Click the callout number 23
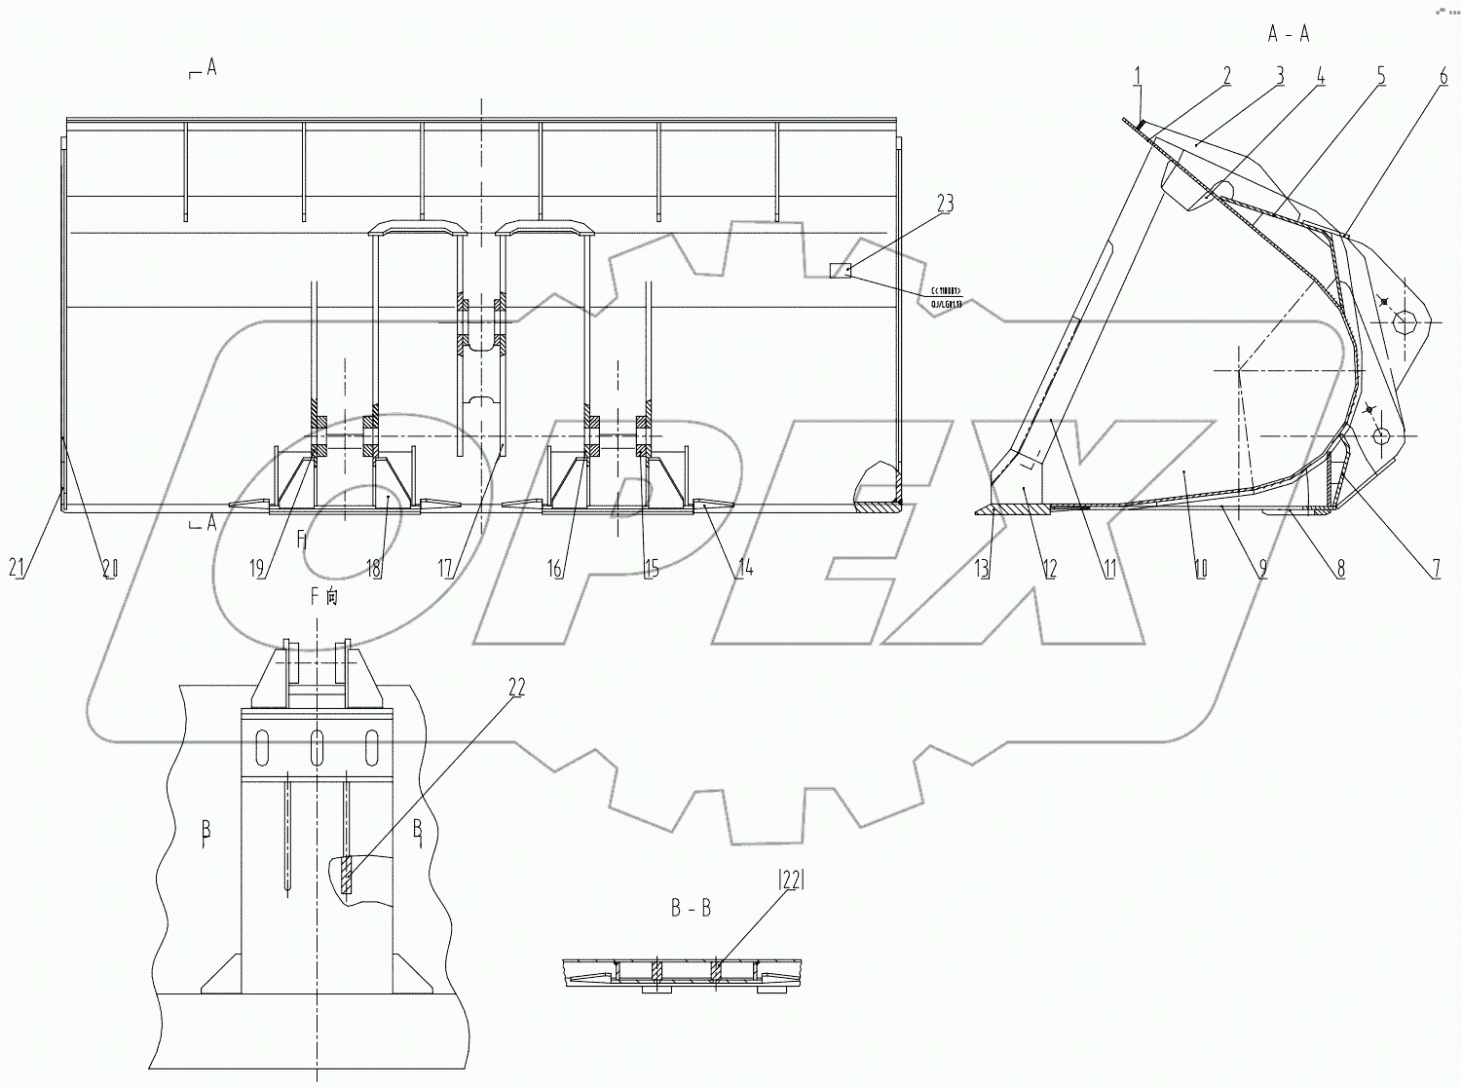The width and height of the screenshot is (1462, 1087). pyautogui.click(x=945, y=204)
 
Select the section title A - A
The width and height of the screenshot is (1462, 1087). pyautogui.click(x=1289, y=34)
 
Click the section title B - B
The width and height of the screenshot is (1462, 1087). pyautogui.click(x=691, y=909)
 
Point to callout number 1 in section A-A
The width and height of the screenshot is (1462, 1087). pyautogui.click(x=1140, y=75)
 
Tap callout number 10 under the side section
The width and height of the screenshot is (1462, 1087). pyautogui.click(x=1199, y=569)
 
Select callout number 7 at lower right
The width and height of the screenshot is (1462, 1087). pyautogui.click(x=1436, y=569)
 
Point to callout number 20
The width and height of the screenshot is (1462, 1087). pyautogui.click(x=109, y=569)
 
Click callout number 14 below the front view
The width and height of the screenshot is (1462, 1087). pyautogui.click(x=743, y=569)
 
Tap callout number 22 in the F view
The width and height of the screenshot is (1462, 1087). pyautogui.click(x=515, y=688)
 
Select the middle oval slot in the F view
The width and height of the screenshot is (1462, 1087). pyautogui.click(x=317, y=748)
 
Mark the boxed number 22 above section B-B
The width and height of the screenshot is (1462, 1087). pyautogui.click(x=789, y=881)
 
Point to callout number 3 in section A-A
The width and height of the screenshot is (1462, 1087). pyautogui.click(x=1280, y=75)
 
